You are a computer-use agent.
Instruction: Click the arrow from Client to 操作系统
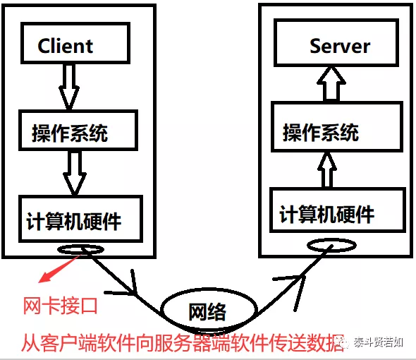point(69,87)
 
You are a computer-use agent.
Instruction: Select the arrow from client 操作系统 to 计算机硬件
point(75,173)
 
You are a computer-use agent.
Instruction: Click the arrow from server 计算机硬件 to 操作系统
point(327,170)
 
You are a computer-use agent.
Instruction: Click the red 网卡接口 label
point(60,306)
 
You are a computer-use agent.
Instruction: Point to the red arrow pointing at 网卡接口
point(59,268)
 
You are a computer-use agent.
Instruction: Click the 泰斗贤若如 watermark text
point(379,342)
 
